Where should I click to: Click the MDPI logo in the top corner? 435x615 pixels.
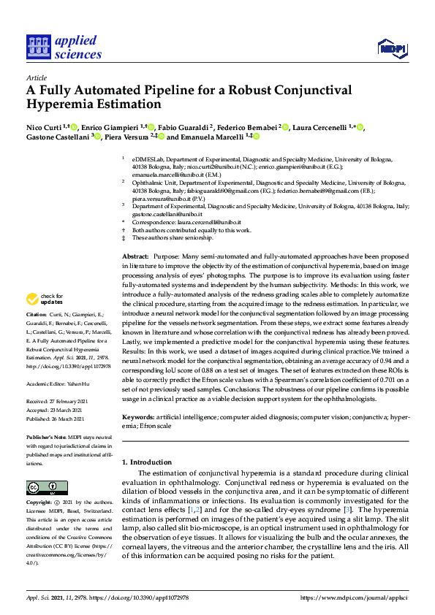[392, 48]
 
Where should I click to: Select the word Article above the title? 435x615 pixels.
[36, 77]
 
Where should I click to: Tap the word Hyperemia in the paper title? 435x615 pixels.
[62, 104]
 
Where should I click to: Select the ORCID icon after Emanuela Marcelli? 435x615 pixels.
[257, 137]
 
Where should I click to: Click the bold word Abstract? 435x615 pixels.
[135, 257]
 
